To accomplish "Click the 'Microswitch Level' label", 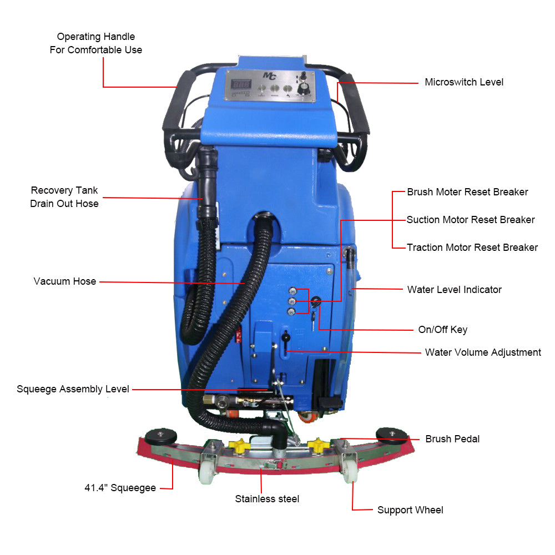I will tap(464, 82).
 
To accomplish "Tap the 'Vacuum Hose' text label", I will tap(64, 281).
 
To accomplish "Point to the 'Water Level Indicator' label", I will tap(454, 290).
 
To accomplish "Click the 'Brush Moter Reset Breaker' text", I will tap(467, 192).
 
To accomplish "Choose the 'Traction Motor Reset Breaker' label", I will tap(472, 248).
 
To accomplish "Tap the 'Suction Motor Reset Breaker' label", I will tap(471, 220).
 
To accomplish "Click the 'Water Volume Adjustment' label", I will tap(483, 352).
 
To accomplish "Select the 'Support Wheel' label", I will tap(410, 510).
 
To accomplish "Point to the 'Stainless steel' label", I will tap(267, 499).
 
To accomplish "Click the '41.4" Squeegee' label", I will tap(120, 488).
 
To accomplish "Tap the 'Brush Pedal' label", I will tap(452, 439).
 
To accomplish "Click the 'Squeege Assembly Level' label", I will tap(73, 389).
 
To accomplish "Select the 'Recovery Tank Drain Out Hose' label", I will tap(64, 197).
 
